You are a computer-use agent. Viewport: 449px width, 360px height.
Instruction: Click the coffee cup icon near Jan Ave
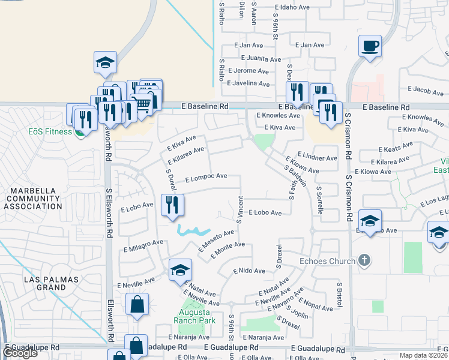tap(370, 46)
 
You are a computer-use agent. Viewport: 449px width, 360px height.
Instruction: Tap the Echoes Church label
tap(327, 261)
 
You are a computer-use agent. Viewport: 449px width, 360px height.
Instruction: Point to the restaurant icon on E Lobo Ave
tap(172, 205)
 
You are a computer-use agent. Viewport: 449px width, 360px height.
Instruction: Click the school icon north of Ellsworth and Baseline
tap(105, 63)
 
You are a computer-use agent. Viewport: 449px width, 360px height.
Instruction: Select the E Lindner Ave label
tap(317, 158)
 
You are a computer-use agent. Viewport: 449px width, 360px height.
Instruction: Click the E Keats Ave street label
tap(395, 148)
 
